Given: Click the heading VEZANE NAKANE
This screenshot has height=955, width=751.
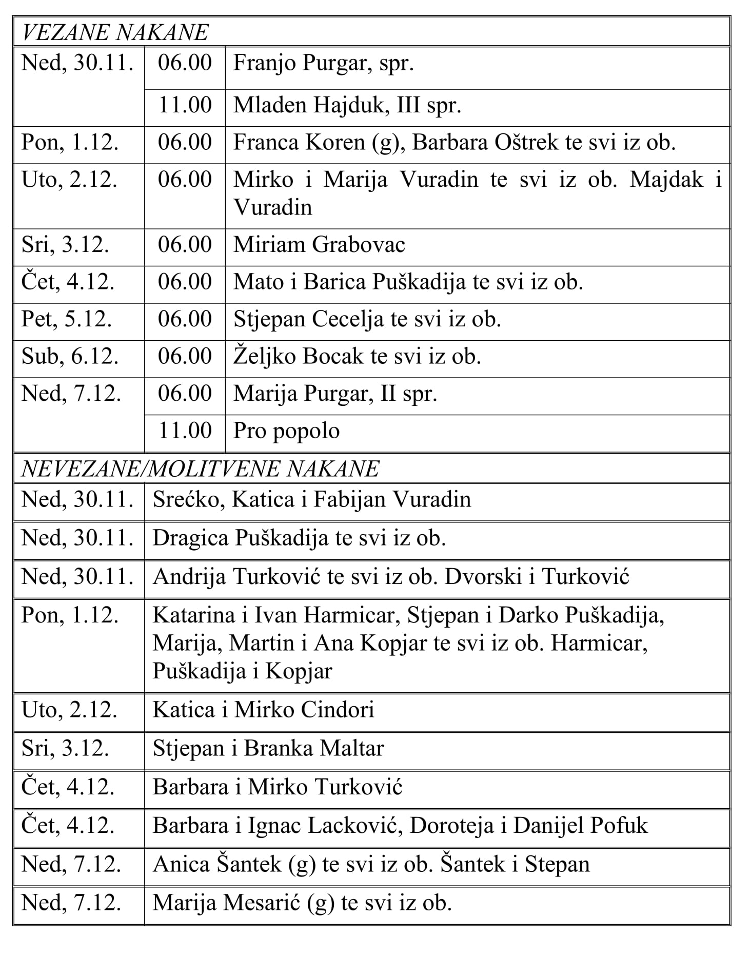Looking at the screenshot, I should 115,33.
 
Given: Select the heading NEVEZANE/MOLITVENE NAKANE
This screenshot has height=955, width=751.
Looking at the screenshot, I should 201,469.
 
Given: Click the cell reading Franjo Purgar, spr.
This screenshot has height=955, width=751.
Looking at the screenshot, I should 324,63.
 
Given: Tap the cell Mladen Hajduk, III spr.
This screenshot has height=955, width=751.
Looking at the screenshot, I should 347,105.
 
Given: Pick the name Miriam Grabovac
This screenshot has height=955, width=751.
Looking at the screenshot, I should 319,245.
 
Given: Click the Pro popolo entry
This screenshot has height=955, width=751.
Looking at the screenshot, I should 286,431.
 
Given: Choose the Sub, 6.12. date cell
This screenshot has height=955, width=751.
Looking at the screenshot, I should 70,357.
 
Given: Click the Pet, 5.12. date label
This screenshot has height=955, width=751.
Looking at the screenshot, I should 67,319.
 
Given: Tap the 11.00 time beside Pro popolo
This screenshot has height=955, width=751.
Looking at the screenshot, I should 185,431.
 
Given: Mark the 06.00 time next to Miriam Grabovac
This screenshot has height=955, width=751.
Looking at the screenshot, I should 185,245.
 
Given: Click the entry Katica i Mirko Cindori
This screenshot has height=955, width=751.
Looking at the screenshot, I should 264,710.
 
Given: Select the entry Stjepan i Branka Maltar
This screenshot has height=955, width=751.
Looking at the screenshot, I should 268,749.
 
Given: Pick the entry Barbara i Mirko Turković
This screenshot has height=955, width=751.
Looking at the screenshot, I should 278,787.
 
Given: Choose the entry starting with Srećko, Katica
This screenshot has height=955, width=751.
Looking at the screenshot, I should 312,500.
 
